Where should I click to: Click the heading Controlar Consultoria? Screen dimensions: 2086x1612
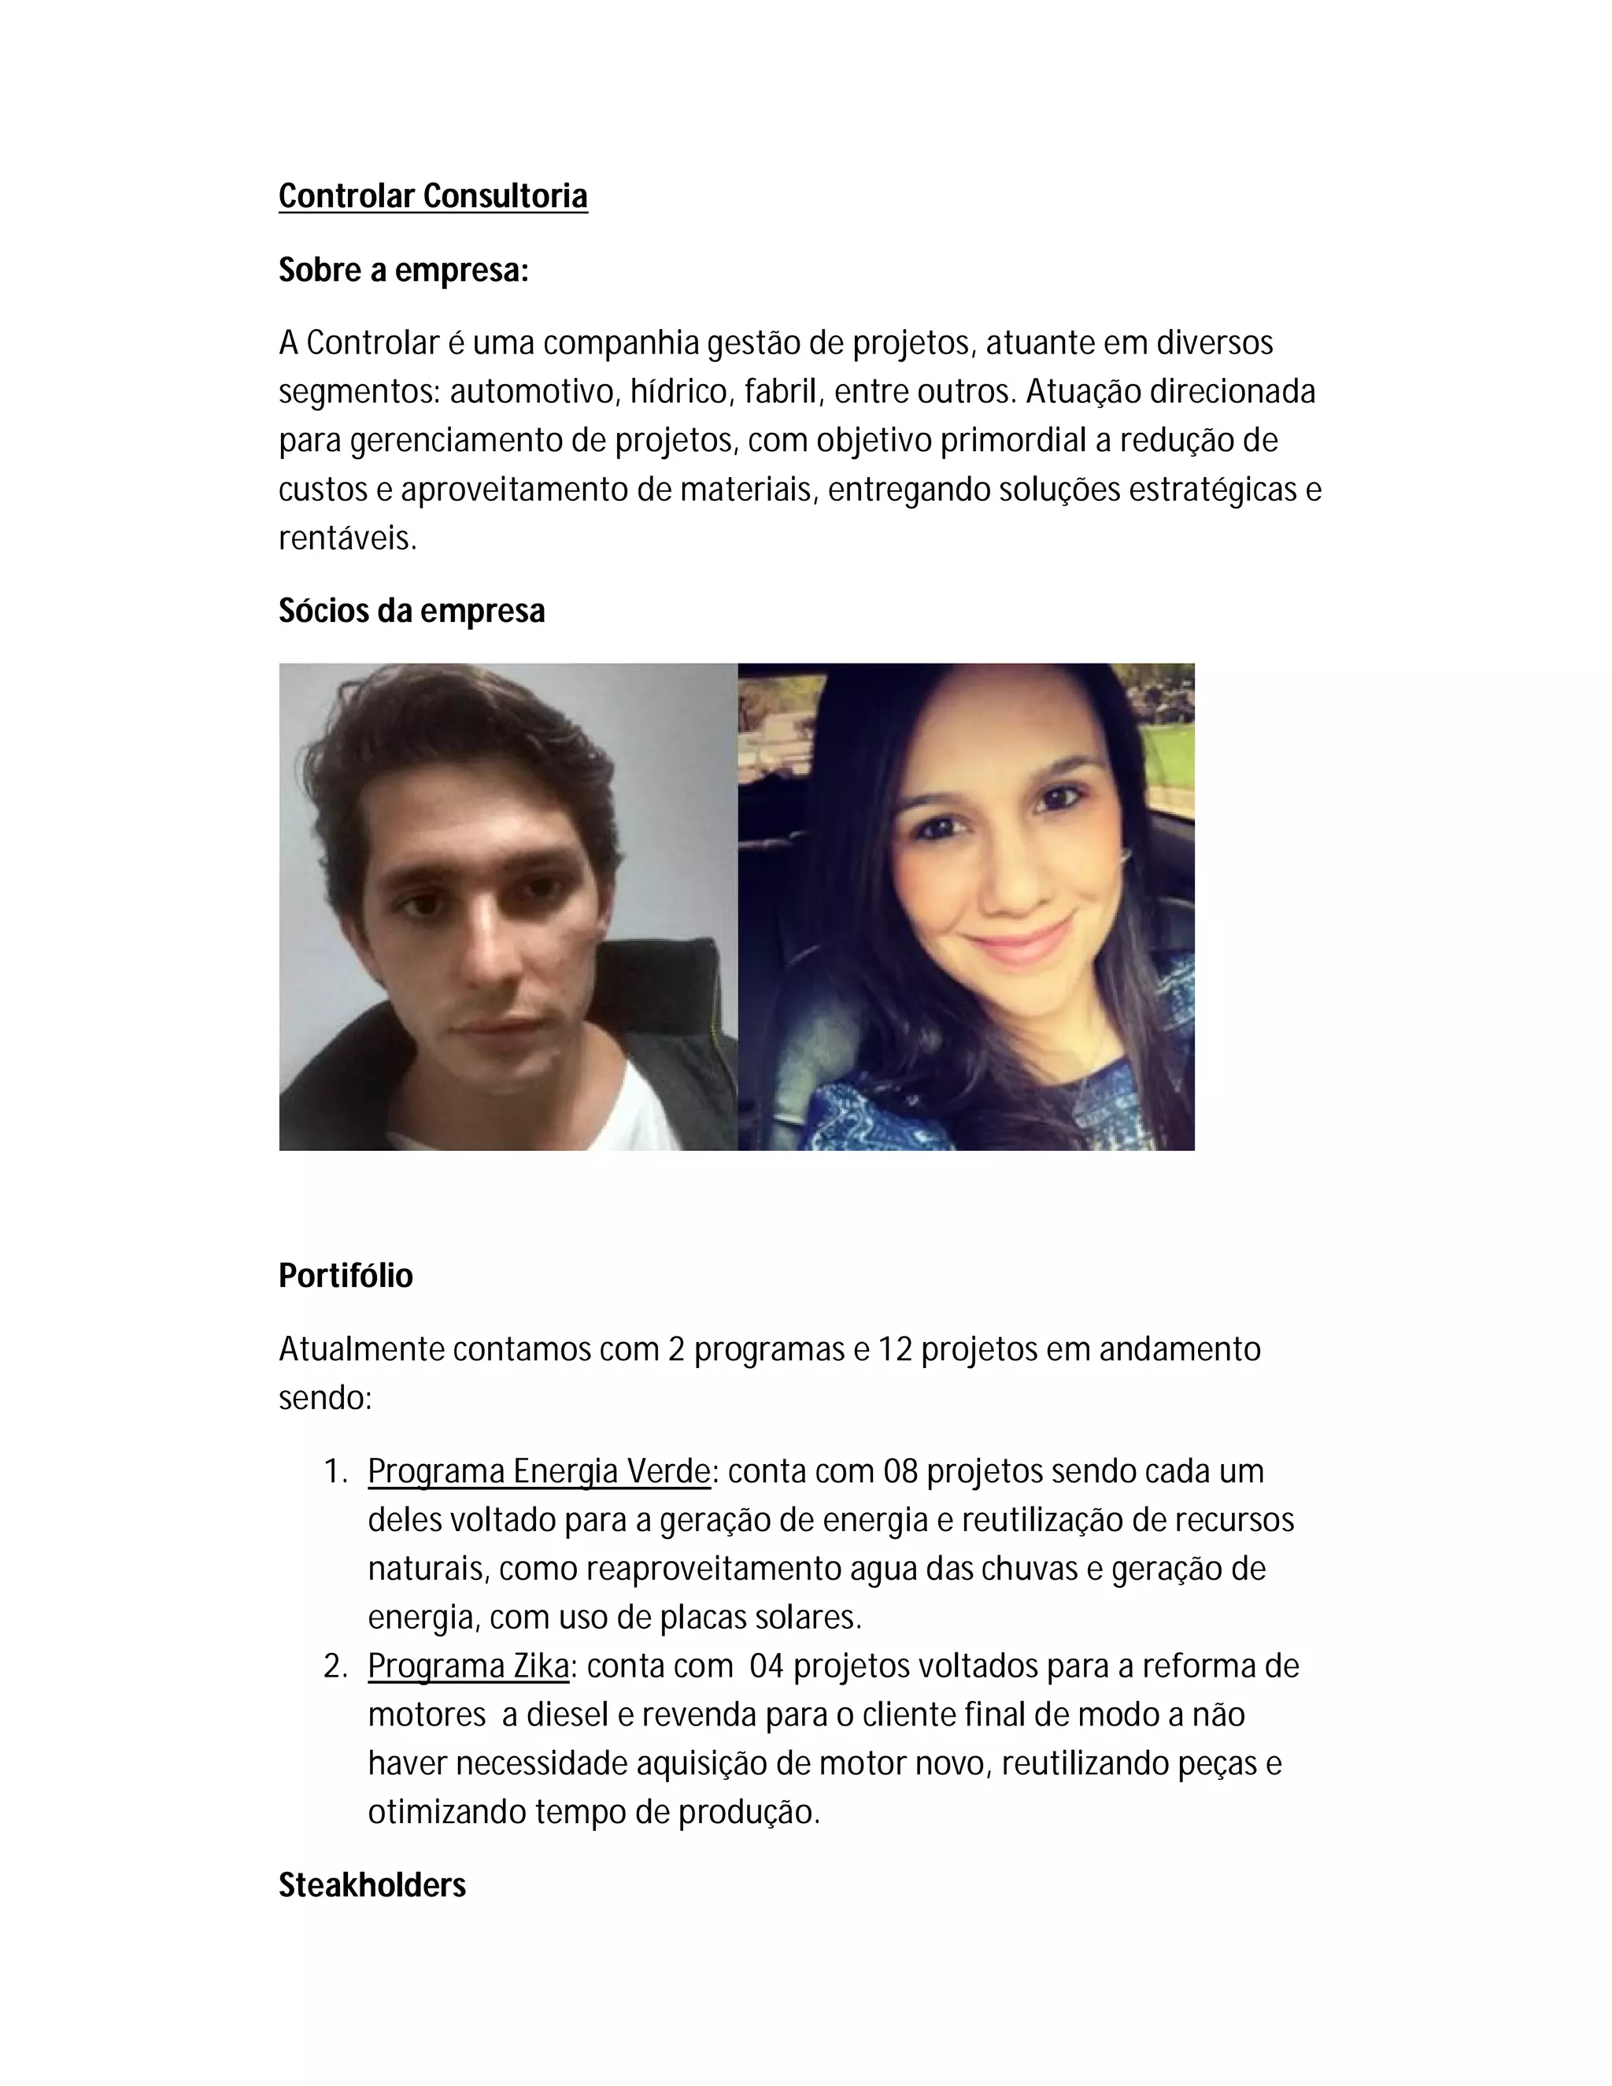point(433,196)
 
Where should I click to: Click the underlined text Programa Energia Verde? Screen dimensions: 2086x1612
point(538,1471)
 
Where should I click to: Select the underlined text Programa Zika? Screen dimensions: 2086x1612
point(468,1666)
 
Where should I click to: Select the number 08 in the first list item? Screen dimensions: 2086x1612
point(900,1471)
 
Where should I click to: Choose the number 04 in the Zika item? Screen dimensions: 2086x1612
point(767,1666)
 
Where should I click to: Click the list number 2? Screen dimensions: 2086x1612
point(335,1666)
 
